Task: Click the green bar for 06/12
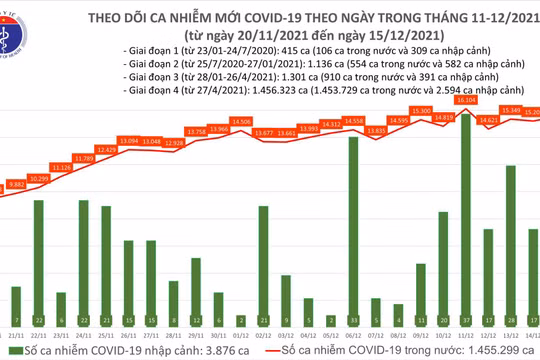point(353,231)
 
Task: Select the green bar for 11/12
point(466,221)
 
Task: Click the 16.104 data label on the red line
point(466,101)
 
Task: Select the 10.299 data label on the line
point(39,177)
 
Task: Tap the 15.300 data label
point(420,110)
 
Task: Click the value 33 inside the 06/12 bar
point(353,320)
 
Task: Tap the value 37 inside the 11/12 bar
point(466,320)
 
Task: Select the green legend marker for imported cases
point(12,353)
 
